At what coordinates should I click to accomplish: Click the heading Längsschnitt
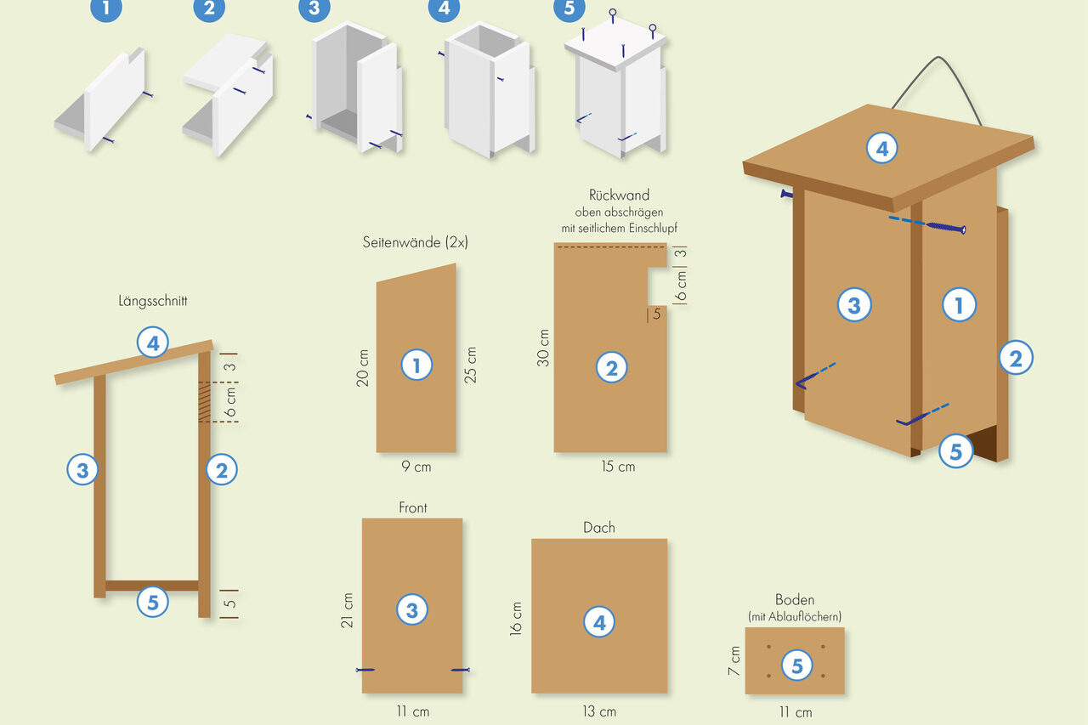[x=152, y=301]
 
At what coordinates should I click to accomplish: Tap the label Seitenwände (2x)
[x=416, y=242]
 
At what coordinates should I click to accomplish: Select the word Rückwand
[x=619, y=195]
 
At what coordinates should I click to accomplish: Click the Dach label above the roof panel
[x=599, y=527]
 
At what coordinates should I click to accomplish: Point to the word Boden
[x=795, y=599]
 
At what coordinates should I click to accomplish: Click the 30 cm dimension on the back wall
[x=543, y=348]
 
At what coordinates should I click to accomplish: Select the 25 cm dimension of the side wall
[x=470, y=365]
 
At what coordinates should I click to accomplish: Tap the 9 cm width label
[x=416, y=467]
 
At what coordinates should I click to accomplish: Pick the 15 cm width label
[x=618, y=467]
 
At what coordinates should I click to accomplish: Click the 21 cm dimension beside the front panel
[x=347, y=610]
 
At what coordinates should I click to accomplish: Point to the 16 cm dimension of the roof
[x=515, y=619]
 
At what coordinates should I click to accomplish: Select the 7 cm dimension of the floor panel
[x=734, y=661]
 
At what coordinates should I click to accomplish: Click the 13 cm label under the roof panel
[x=599, y=711]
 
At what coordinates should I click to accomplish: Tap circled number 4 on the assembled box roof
[x=882, y=149]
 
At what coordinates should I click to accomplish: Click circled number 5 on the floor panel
[x=797, y=666]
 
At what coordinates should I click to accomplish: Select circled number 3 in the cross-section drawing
[x=82, y=469]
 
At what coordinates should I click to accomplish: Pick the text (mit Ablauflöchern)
[x=795, y=617]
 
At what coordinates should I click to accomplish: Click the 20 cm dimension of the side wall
[x=362, y=367]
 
